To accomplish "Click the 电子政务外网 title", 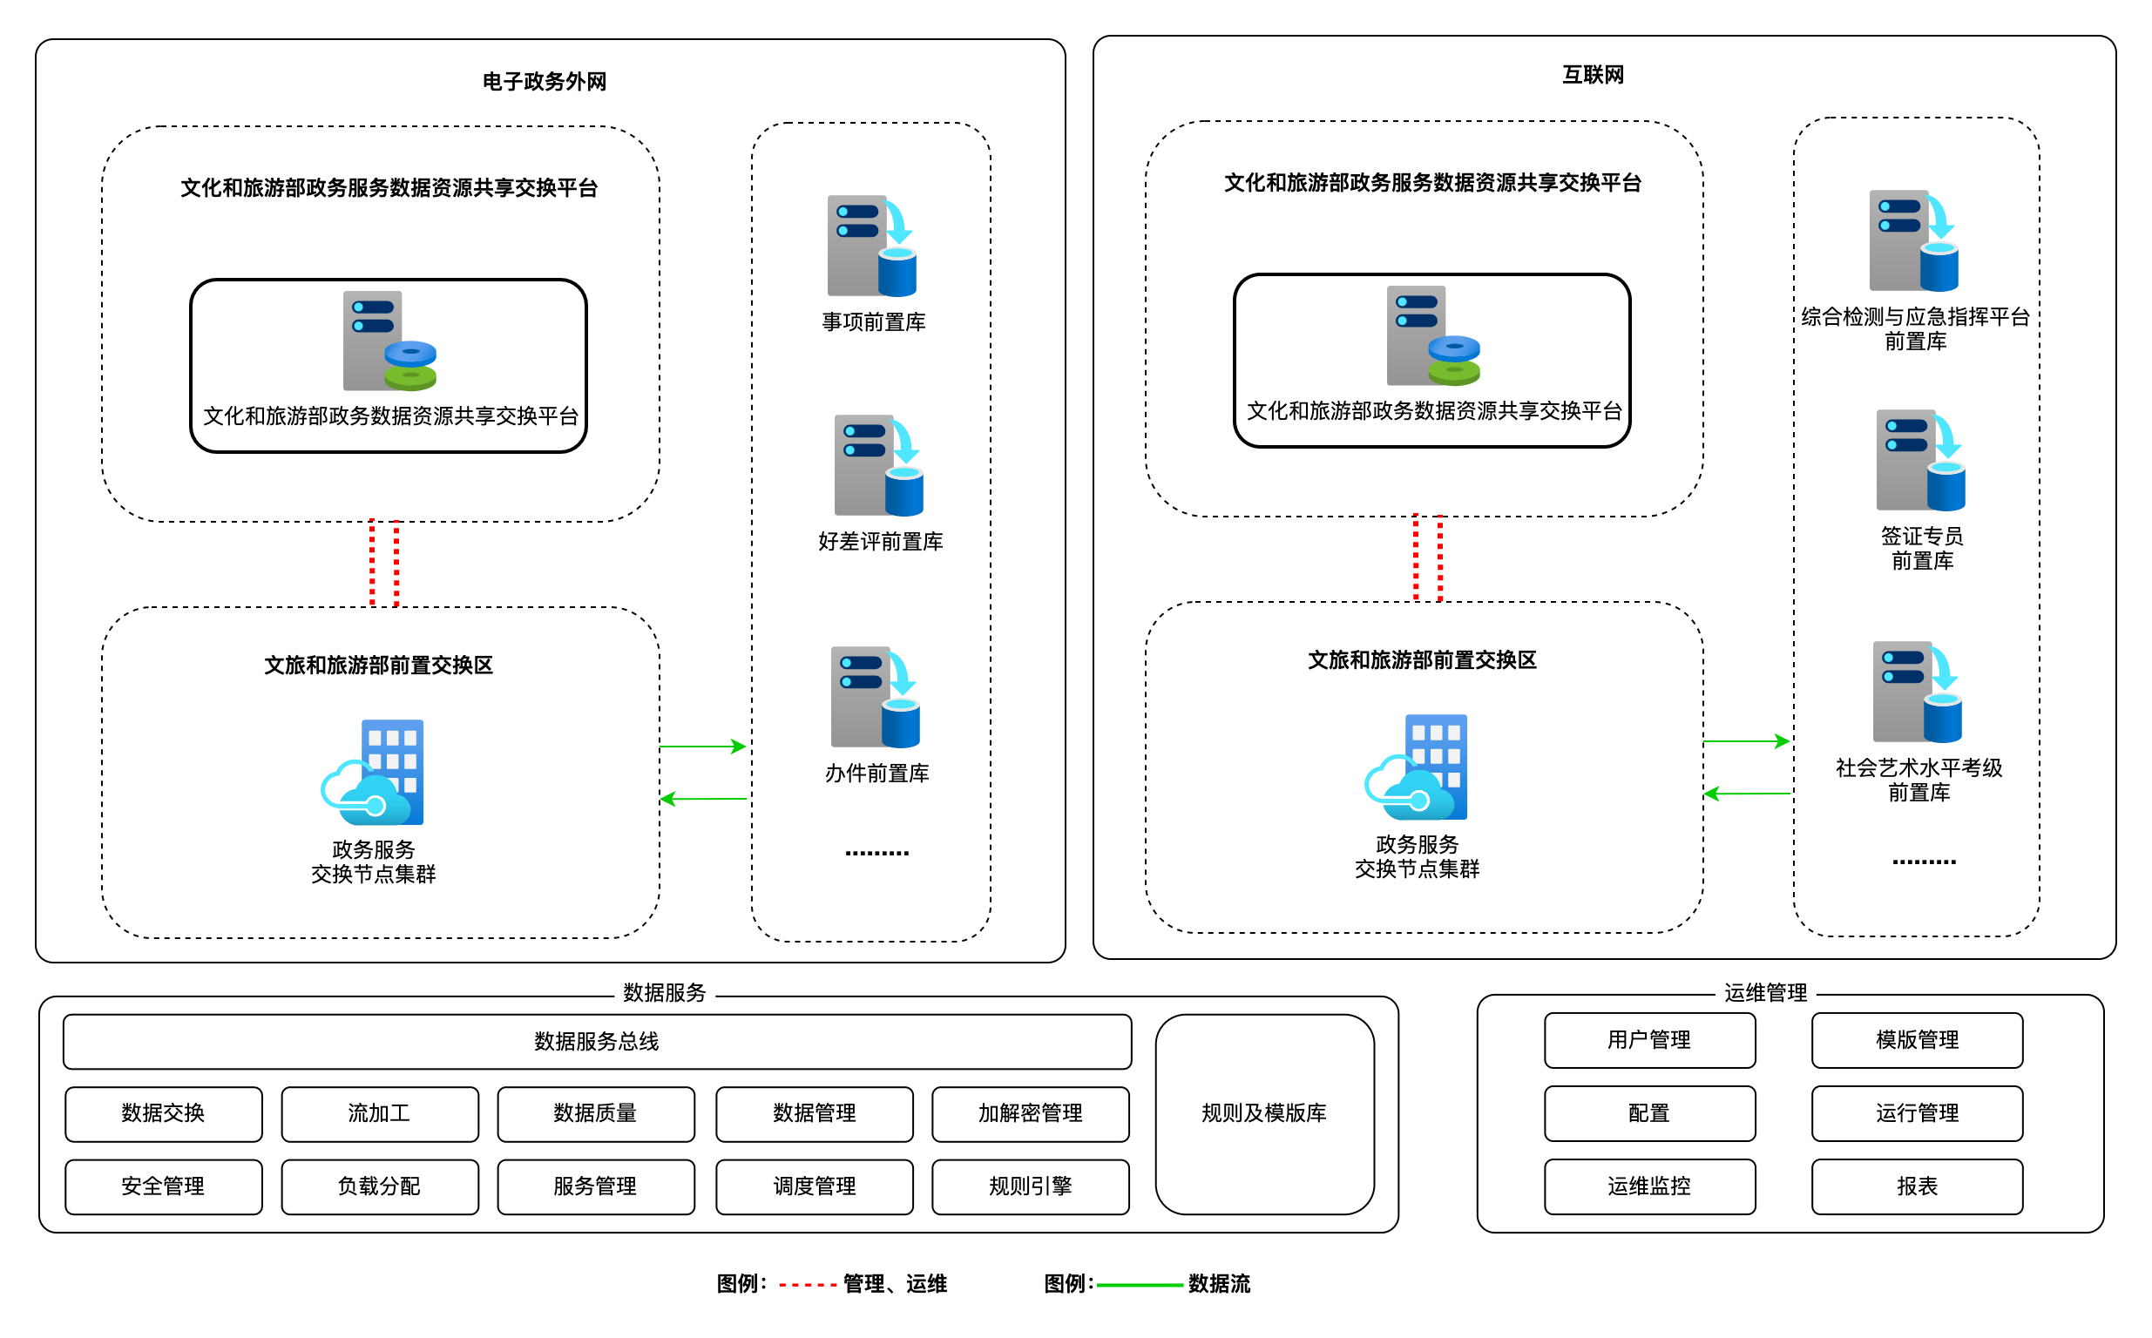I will tap(545, 81).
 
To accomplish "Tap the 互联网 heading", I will tap(1593, 75).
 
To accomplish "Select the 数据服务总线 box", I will tap(597, 1042).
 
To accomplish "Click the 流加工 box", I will tap(380, 1113).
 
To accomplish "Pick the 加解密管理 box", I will tap(1030, 1113).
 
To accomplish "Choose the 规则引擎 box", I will tap(1030, 1186).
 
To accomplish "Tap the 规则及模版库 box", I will tap(1263, 1113).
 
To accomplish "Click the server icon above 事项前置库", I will tap(871, 246).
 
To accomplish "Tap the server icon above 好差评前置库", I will tap(878, 465).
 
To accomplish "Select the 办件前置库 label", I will tap(876, 774).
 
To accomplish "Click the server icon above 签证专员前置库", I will tap(1920, 460).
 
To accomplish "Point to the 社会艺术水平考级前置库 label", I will tap(1919, 780).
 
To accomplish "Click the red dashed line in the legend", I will tap(807, 1284).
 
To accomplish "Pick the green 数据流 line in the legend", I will tap(1140, 1284).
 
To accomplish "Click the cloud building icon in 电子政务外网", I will tap(373, 773).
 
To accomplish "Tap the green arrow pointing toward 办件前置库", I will tap(702, 747).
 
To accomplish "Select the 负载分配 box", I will tap(380, 1186).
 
